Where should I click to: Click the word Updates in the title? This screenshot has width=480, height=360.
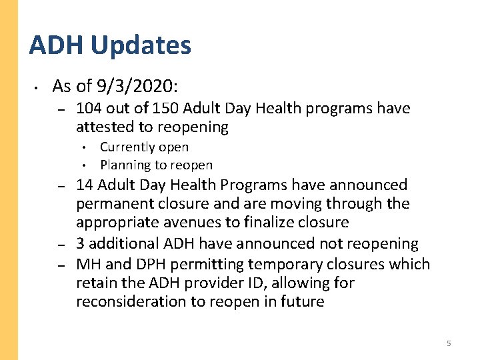click(140, 46)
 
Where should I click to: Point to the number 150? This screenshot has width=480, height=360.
click(166, 108)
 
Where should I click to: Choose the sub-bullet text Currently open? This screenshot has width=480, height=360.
click(144, 147)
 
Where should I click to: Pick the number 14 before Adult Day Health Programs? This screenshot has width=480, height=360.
click(85, 185)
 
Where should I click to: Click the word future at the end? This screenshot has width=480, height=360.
click(302, 301)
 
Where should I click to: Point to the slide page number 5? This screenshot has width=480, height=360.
click(449, 343)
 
